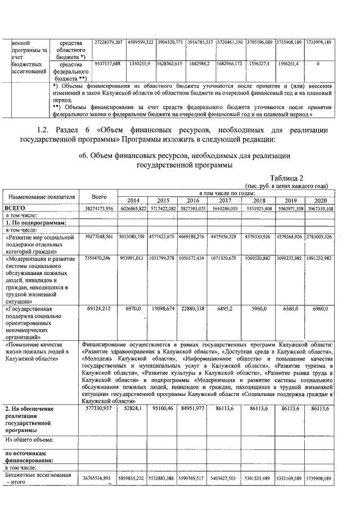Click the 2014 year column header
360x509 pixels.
click(x=133, y=200)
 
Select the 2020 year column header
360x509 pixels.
click(x=321, y=200)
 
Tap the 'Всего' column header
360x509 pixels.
click(x=99, y=197)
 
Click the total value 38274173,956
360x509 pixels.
click(x=99, y=208)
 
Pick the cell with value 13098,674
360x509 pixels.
click(x=163, y=309)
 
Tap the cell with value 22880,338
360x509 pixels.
click(x=193, y=309)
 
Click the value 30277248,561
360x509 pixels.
click(x=99, y=236)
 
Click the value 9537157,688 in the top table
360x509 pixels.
click(x=105, y=64)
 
